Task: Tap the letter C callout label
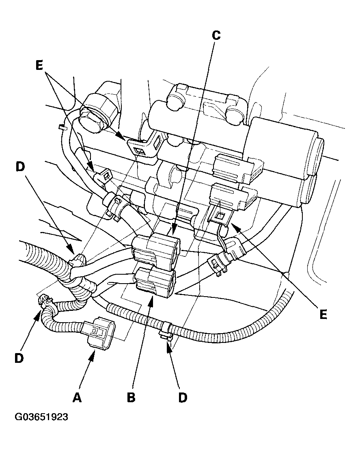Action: tap(216, 36)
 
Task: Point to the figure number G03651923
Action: tap(41, 417)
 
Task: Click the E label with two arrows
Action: tap(39, 66)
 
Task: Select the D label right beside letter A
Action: tap(19, 358)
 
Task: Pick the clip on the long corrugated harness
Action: tap(165, 328)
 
